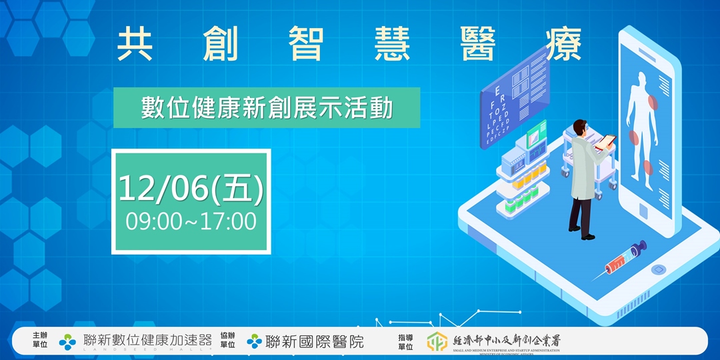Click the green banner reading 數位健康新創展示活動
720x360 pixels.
pos(267,108)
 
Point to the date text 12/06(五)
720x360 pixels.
pos(191,189)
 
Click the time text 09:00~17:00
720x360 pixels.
pos(191,221)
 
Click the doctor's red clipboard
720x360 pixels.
pos(607,141)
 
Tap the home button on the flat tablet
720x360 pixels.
pos(659,270)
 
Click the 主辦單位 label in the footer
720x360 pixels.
pos(40,341)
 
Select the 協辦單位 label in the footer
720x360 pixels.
pos(228,341)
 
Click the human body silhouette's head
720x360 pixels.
pos(643,78)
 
